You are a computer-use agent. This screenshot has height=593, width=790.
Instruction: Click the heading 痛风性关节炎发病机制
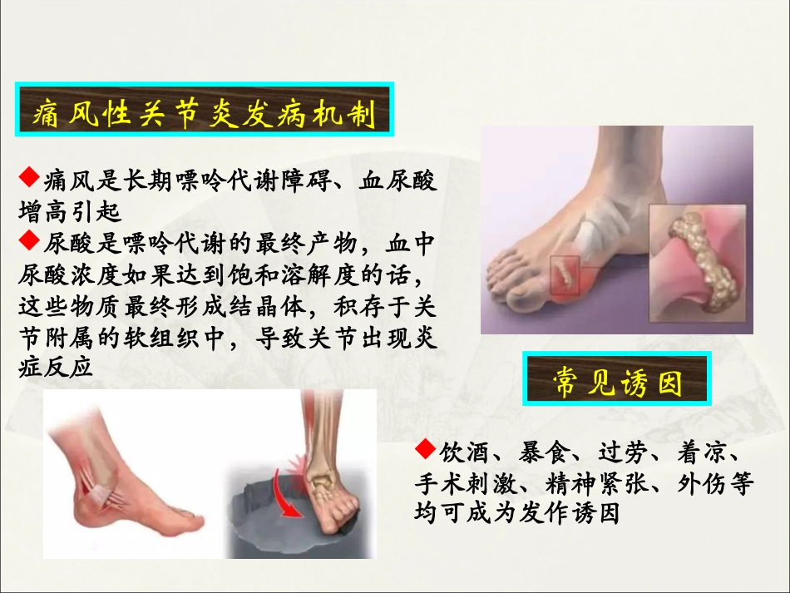(x=205, y=114)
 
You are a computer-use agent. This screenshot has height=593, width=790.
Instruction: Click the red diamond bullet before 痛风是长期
(x=28, y=175)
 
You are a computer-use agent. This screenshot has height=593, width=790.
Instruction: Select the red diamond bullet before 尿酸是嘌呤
(x=28, y=240)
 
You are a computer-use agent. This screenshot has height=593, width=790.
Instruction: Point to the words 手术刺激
(x=462, y=484)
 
